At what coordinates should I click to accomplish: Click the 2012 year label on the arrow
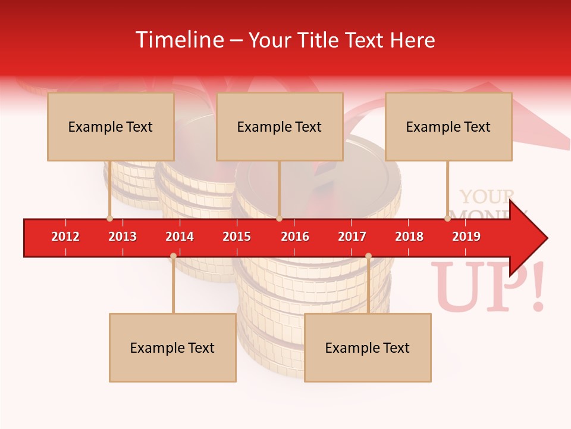[x=65, y=237]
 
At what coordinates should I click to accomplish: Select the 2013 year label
[x=123, y=237]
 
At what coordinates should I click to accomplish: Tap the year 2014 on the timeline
[x=180, y=237]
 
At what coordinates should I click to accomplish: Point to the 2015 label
[x=237, y=237]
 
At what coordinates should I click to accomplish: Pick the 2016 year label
[x=295, y=237]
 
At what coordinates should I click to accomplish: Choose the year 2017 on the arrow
[x=352, y=237]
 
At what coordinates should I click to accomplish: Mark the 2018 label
[x=409, y=237]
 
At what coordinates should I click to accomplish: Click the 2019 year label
[x=466, y=237]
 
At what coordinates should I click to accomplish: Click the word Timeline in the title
[x=178, y=40]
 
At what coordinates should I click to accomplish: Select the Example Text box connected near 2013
[x=111, y=126]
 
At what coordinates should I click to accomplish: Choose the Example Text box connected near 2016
[x=280, y=126]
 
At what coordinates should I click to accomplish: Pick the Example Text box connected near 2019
[x=448, y=126]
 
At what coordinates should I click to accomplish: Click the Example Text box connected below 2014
[x=172, y=347]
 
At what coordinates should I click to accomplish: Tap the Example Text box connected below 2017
[x=368, y=347]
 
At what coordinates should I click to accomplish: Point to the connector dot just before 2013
[x=109, y=219]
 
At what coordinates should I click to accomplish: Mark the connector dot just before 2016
[x=279, y=219]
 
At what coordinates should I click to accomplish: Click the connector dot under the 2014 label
[x=173, y=256]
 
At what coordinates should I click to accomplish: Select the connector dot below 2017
[x=368, y=256]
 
